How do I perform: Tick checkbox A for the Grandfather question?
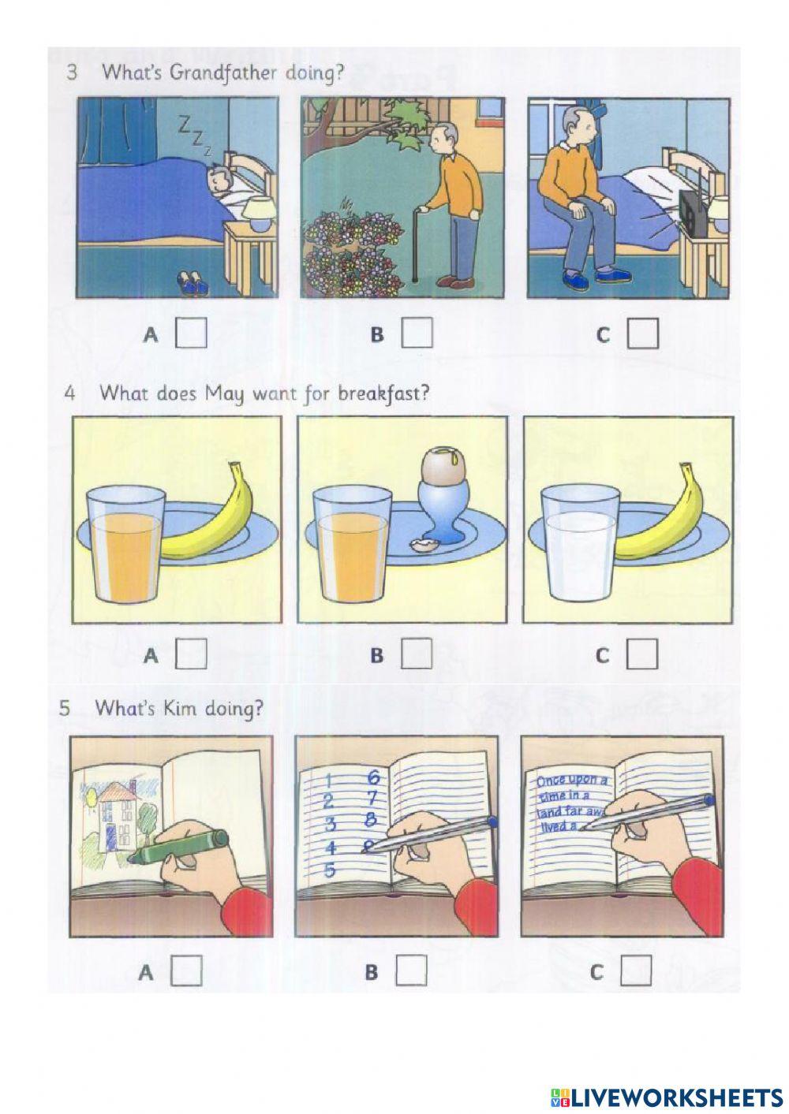coord(191,333)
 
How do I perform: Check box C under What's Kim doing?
coord(636,971)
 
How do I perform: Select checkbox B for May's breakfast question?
coord(417,653)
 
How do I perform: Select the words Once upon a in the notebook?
coord(572,781)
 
